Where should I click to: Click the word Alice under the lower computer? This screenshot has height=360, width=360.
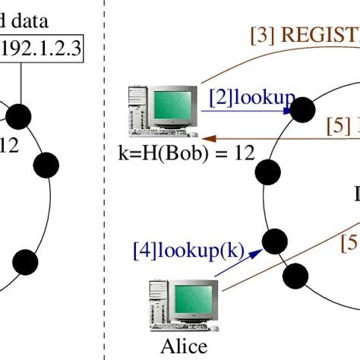tap(184, 346)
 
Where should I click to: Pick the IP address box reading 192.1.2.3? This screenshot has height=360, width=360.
tap(42, 50)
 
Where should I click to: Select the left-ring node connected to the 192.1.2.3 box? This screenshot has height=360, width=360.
tap(19, 116)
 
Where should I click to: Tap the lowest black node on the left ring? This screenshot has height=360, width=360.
tap(26, 240)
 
